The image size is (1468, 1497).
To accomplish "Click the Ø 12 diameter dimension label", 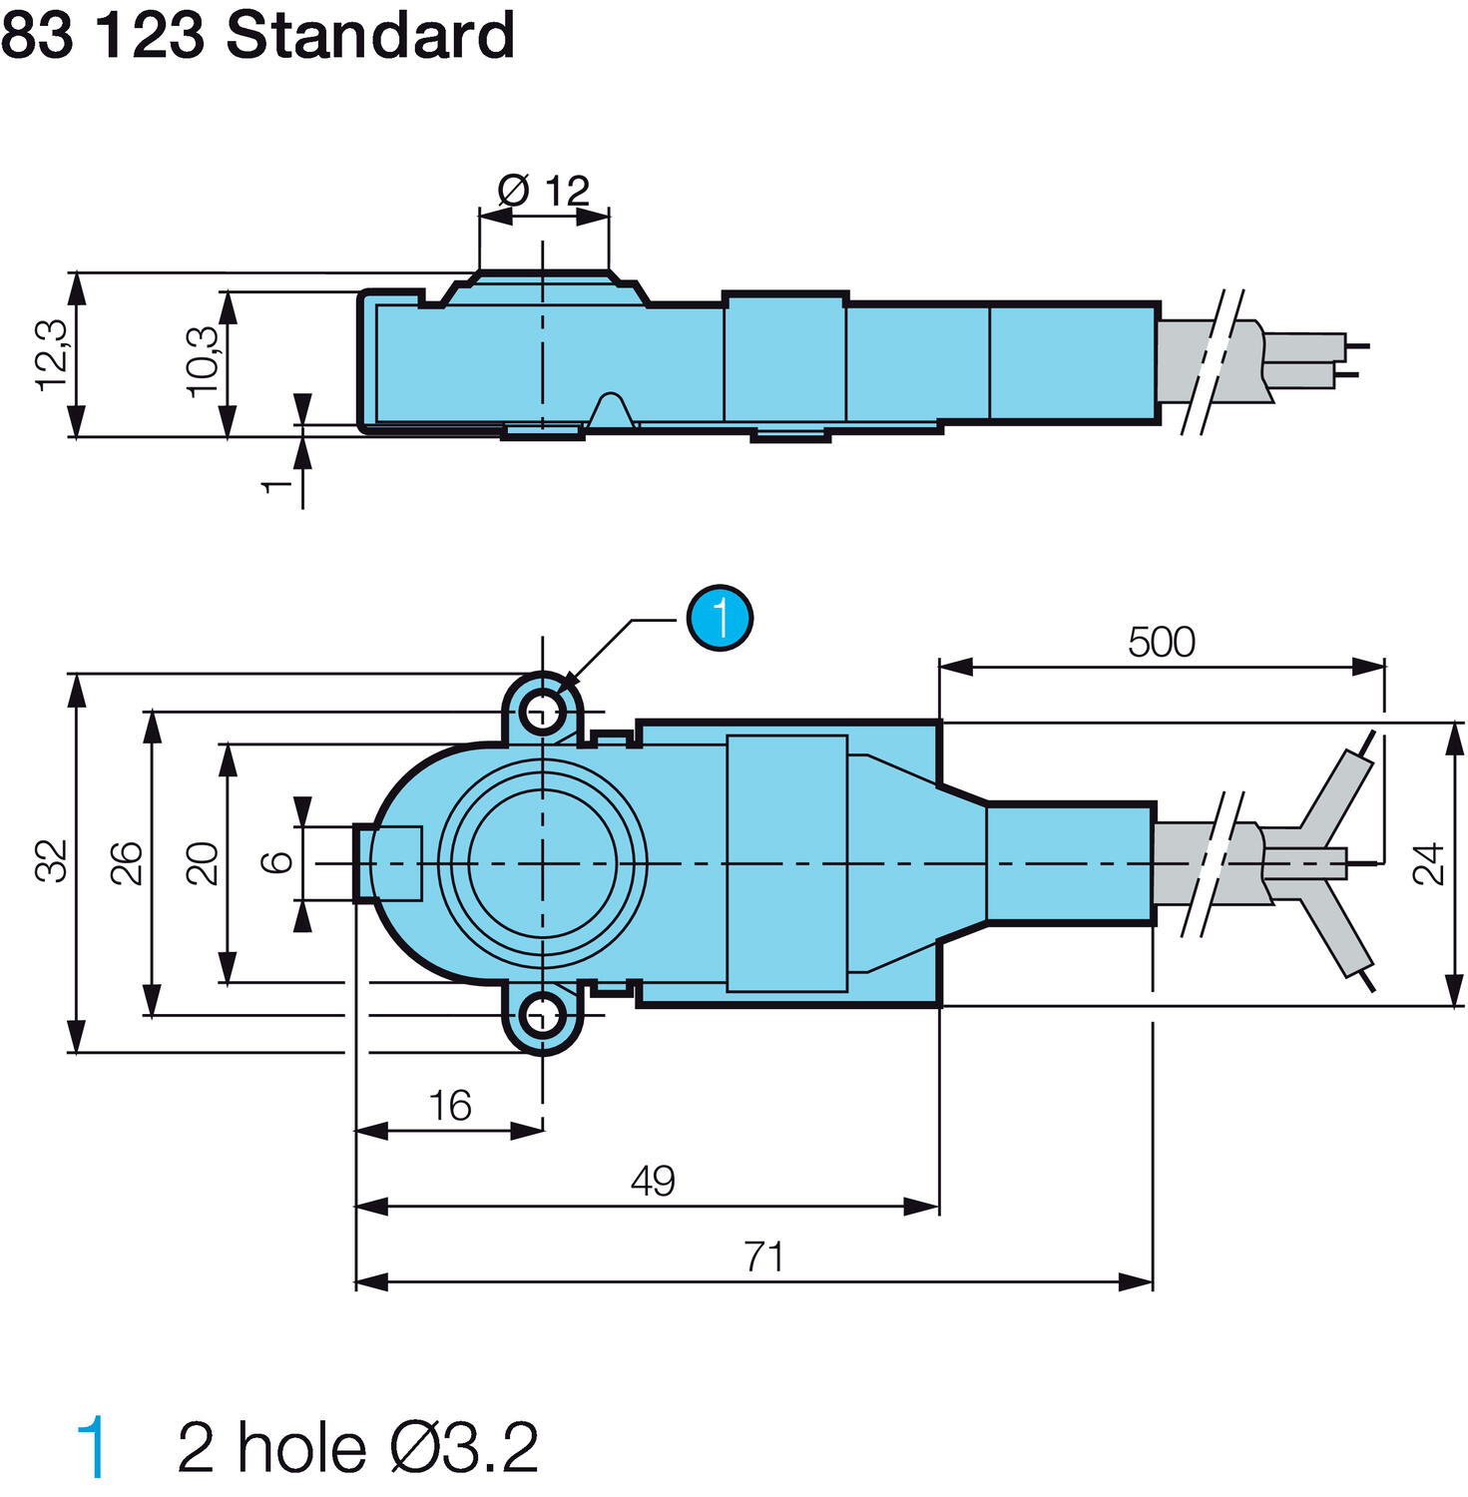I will tap(544, 190).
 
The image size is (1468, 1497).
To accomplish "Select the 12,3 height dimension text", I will tap(52, 354).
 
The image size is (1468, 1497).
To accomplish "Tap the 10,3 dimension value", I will tap(203, 360).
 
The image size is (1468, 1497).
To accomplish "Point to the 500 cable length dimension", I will tap(1161, 642).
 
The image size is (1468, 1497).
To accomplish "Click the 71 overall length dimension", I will tap(763, 1256).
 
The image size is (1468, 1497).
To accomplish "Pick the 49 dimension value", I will tap(653, 1181).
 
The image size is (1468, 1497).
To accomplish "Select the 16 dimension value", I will tap(449, 1106).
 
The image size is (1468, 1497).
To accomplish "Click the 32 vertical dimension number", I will tap(52, 861).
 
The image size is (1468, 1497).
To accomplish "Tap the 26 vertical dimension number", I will tap(127, 862).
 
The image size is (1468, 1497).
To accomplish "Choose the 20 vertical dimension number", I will tap(203, 863).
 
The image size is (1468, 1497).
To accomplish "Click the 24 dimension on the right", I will tap(1429, 863).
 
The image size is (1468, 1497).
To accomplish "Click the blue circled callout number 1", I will tap(720, 618).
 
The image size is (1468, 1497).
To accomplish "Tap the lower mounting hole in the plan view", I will tap(543, 1016).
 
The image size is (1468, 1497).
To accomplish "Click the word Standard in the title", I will tap(370, 36).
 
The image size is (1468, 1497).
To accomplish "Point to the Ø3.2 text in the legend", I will tap(464, 1448).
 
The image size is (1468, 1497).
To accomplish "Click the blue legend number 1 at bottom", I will tap(93, 1448).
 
